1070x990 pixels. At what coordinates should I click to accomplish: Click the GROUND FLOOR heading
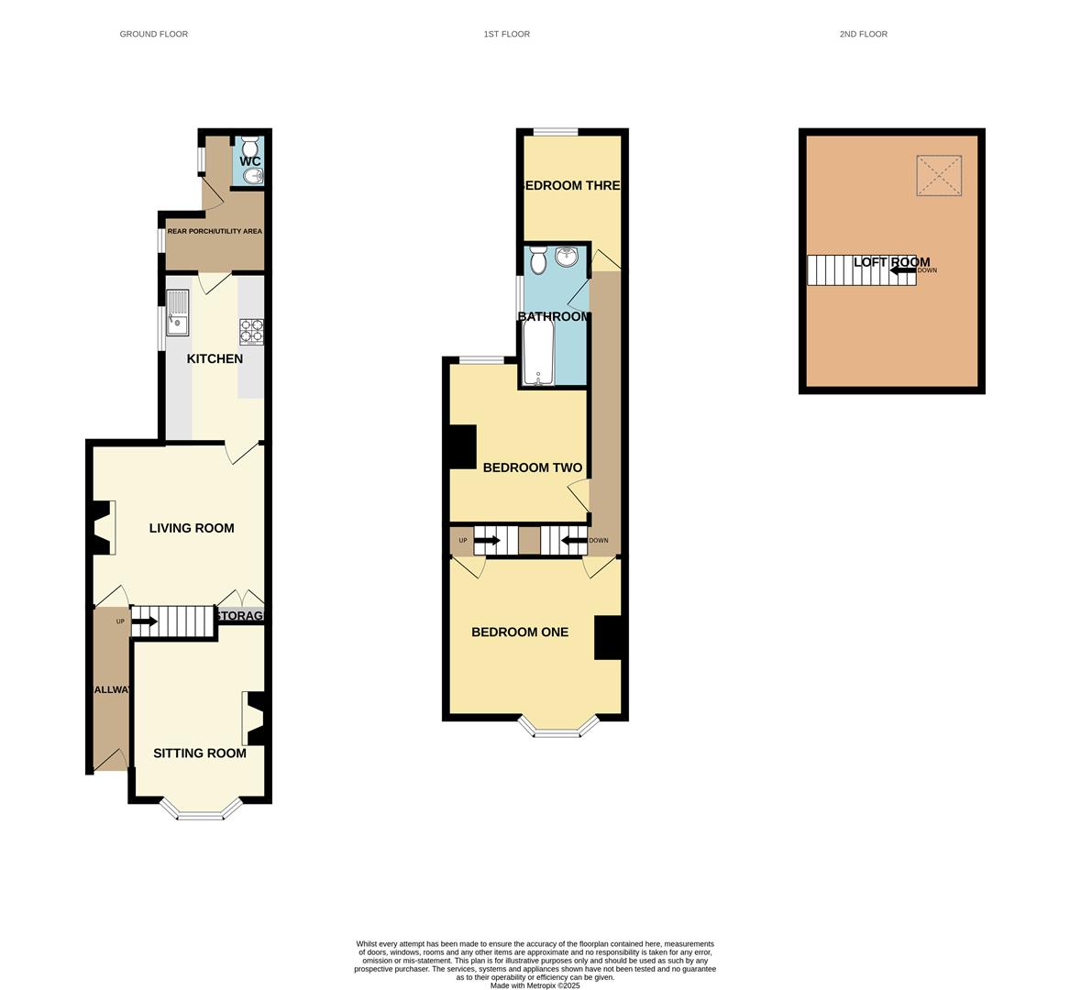tap(153, 34)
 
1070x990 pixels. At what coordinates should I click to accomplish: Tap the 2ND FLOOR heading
tap(863, 34)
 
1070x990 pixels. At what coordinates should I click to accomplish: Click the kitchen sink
tap(177, 312)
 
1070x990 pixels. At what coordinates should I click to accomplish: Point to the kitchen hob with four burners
tap(251, 331)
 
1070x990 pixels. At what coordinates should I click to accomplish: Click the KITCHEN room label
tap(215, 358)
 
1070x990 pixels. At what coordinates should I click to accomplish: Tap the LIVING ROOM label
tap(192, 528)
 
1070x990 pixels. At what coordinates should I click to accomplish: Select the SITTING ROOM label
tap(199, 753)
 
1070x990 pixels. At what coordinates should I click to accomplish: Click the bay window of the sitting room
tap(201, 811)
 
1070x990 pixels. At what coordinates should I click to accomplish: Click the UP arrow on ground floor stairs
tap(144, 621)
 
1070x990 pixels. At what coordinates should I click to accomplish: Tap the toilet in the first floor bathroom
tap(538, 260)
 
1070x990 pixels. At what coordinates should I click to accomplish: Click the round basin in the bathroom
tap(568, 258)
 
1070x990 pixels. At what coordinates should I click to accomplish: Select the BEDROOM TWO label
tap(532, 467)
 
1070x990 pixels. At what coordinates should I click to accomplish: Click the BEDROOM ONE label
tap(519, 632)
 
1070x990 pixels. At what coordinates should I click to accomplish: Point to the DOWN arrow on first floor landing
tap(573, 541)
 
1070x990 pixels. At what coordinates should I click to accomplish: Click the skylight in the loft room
tap(939, 175)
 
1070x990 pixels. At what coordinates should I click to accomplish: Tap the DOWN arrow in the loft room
tap(902, 270)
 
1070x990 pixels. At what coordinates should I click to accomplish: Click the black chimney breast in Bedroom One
tap(608, 637)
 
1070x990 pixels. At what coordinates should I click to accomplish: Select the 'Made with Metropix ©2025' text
tap(535, 985)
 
